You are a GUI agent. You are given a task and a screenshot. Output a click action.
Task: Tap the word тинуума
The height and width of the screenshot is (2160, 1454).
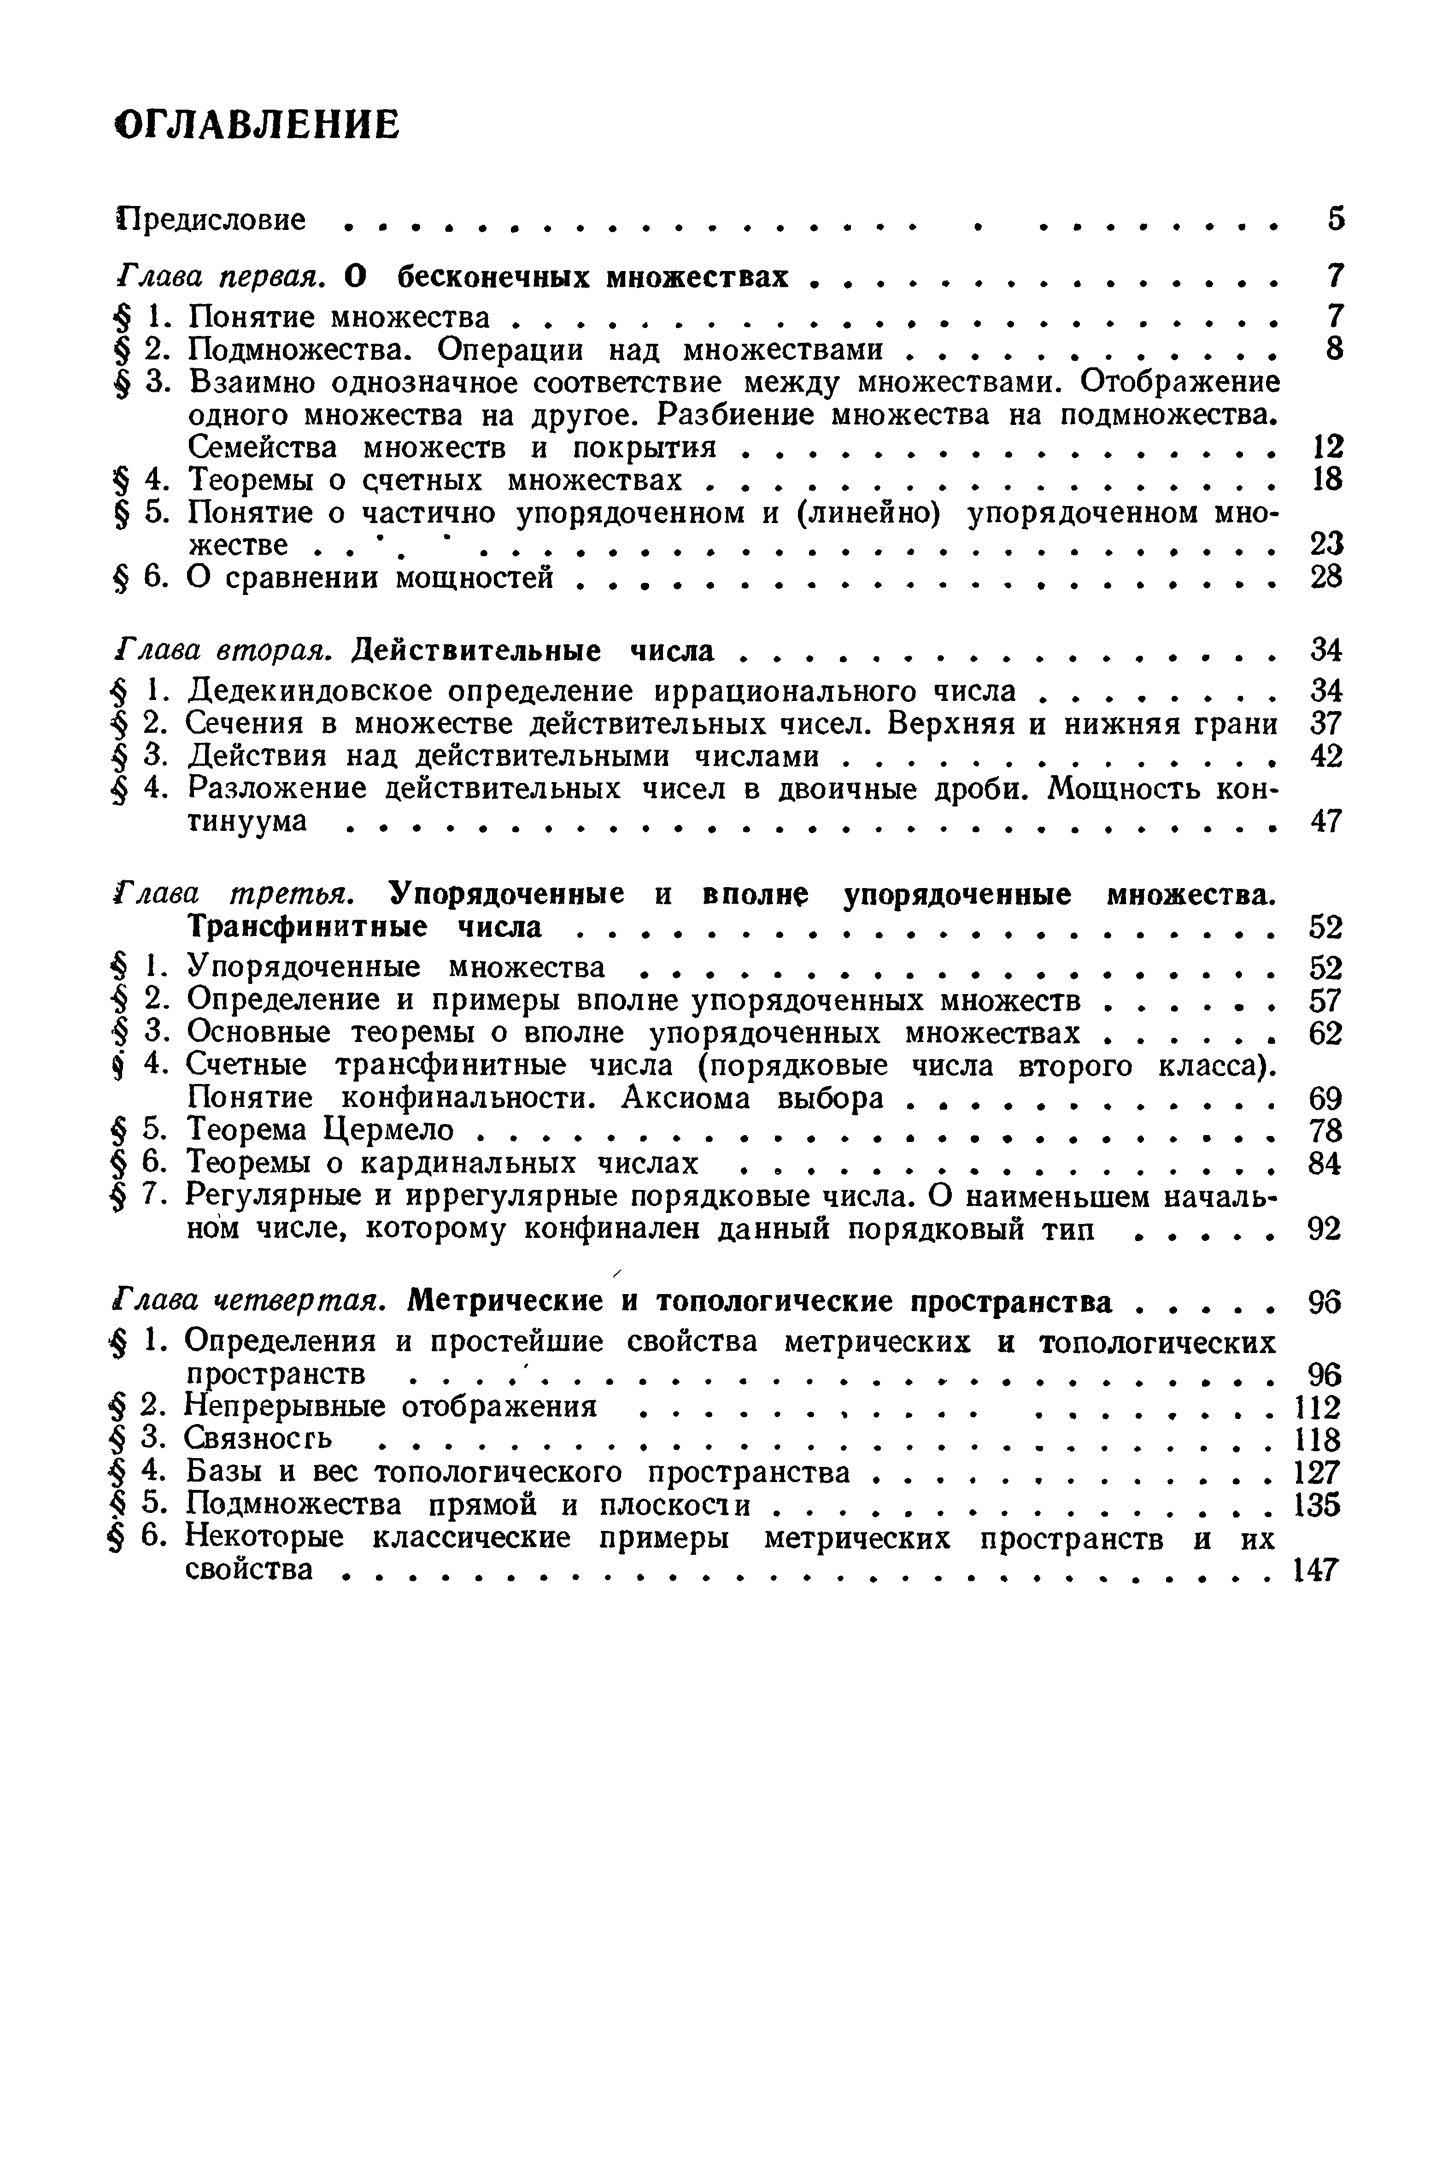pyautogui.click(x=246, y=822)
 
